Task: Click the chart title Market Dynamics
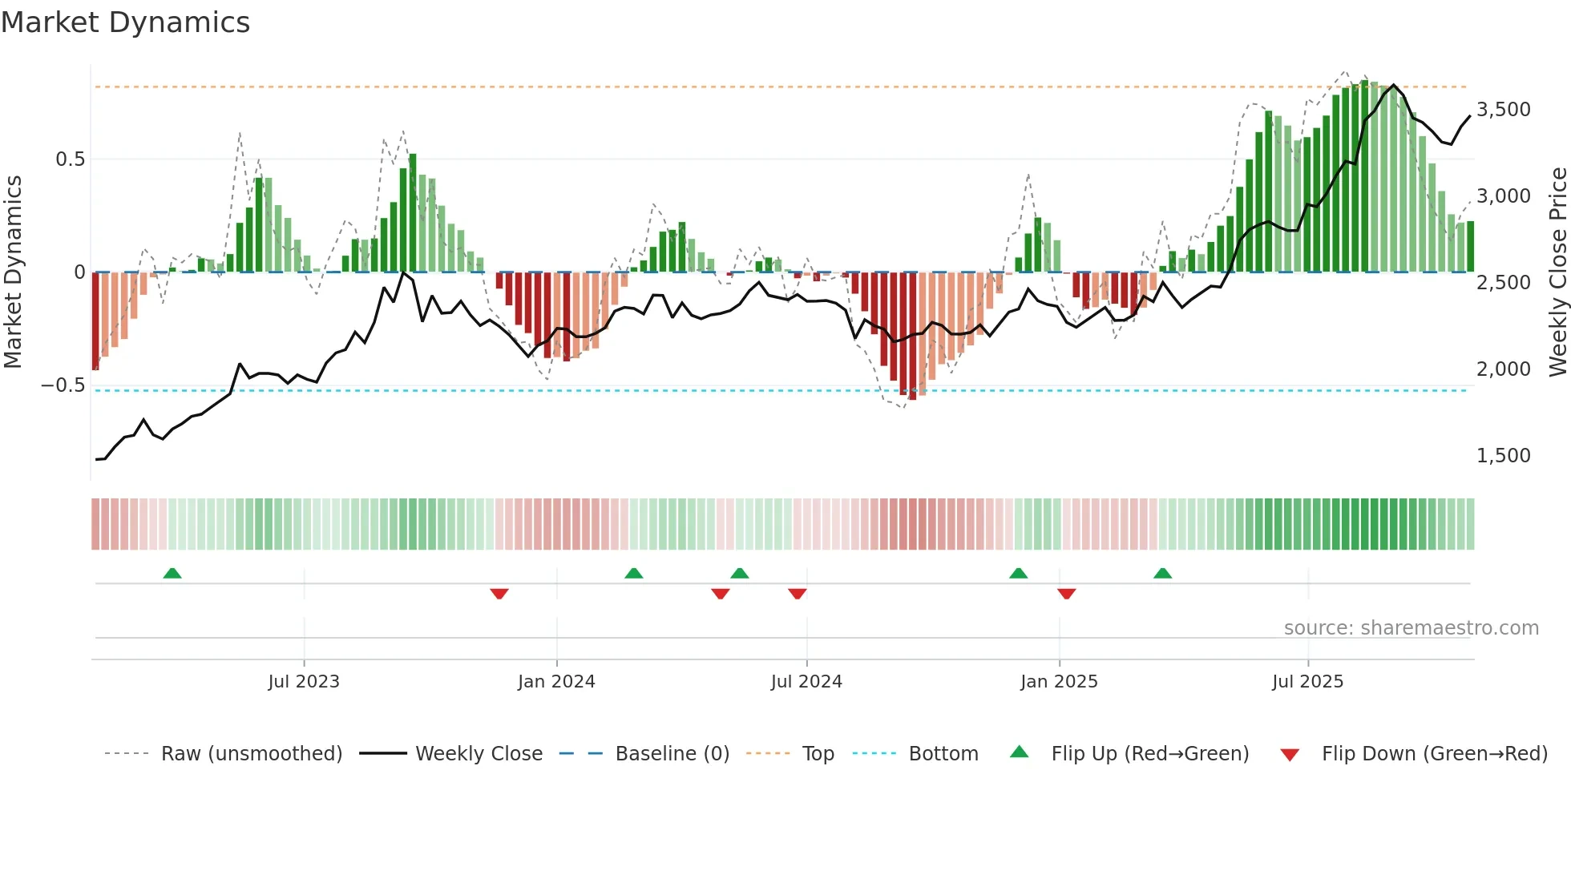[x=125, y=22]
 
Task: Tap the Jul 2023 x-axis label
[x=304, y=682]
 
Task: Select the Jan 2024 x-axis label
[x=556, y=682]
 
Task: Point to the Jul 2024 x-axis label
[x=806, y=682]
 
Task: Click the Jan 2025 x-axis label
[x=1059, y=682]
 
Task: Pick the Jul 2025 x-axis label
[x=1307, y=682]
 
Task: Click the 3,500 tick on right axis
[x=1503, y=110]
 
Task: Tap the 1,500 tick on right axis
[x=1503, y=456]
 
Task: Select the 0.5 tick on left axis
[x=70, y=159]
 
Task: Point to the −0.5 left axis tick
[x=63, y=385]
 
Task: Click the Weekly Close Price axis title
[x=1557, y=272]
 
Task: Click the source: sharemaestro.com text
[x=1411, y=628]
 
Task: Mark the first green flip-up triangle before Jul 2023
[x=172, y=573]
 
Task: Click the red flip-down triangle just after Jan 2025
[x=1066, y=594]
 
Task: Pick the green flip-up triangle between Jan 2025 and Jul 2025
[x=1162, y=573]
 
